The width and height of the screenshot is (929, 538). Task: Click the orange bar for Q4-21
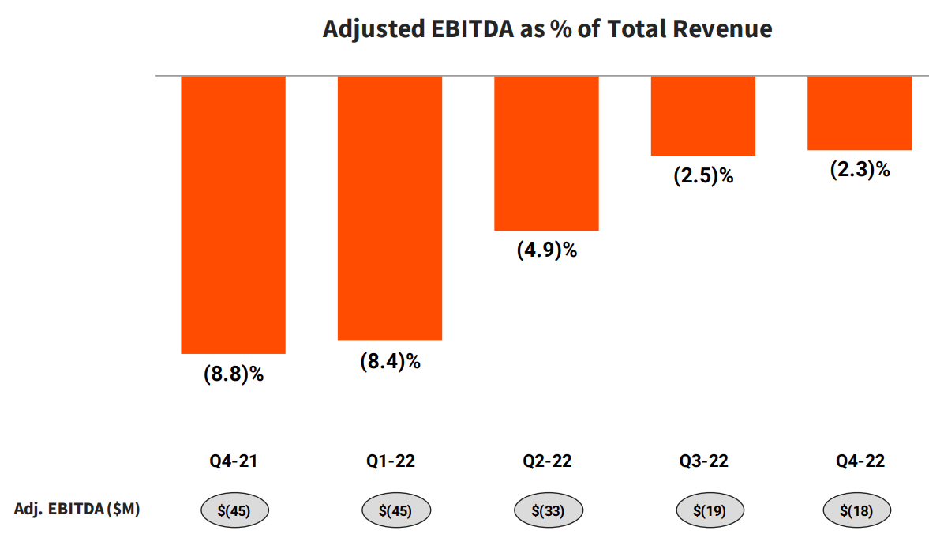tap(233, 214)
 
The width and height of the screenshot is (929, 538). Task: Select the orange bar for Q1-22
tap(389, 208)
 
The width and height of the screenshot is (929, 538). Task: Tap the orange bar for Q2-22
tap(546, 153)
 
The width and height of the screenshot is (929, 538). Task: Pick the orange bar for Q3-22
tap(702, 115)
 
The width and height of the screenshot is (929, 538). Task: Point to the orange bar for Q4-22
tap(860, 113)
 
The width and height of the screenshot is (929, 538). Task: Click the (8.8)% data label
tap(233, 374)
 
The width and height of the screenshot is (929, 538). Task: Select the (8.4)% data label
tap(390, 361)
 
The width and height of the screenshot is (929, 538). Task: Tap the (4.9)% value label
tap(547, 250)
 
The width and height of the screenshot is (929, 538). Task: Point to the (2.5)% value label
tap(703, 175)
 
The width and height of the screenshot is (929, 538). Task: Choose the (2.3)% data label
tap(860, 169)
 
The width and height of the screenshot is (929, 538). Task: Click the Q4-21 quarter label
tap(233, 462)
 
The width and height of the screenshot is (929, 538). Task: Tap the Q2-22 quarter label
tap(546, 462)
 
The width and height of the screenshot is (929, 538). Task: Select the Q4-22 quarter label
tap(860, 462)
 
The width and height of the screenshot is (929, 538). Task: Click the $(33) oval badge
tap(548, 510)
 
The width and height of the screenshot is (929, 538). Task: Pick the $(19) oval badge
tap(710, 510)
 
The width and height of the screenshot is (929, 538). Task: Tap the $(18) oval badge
tap(856, 510)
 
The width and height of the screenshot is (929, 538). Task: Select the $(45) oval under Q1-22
tap(396, 510)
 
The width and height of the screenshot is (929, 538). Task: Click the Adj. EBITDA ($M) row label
tap(77, 510)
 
